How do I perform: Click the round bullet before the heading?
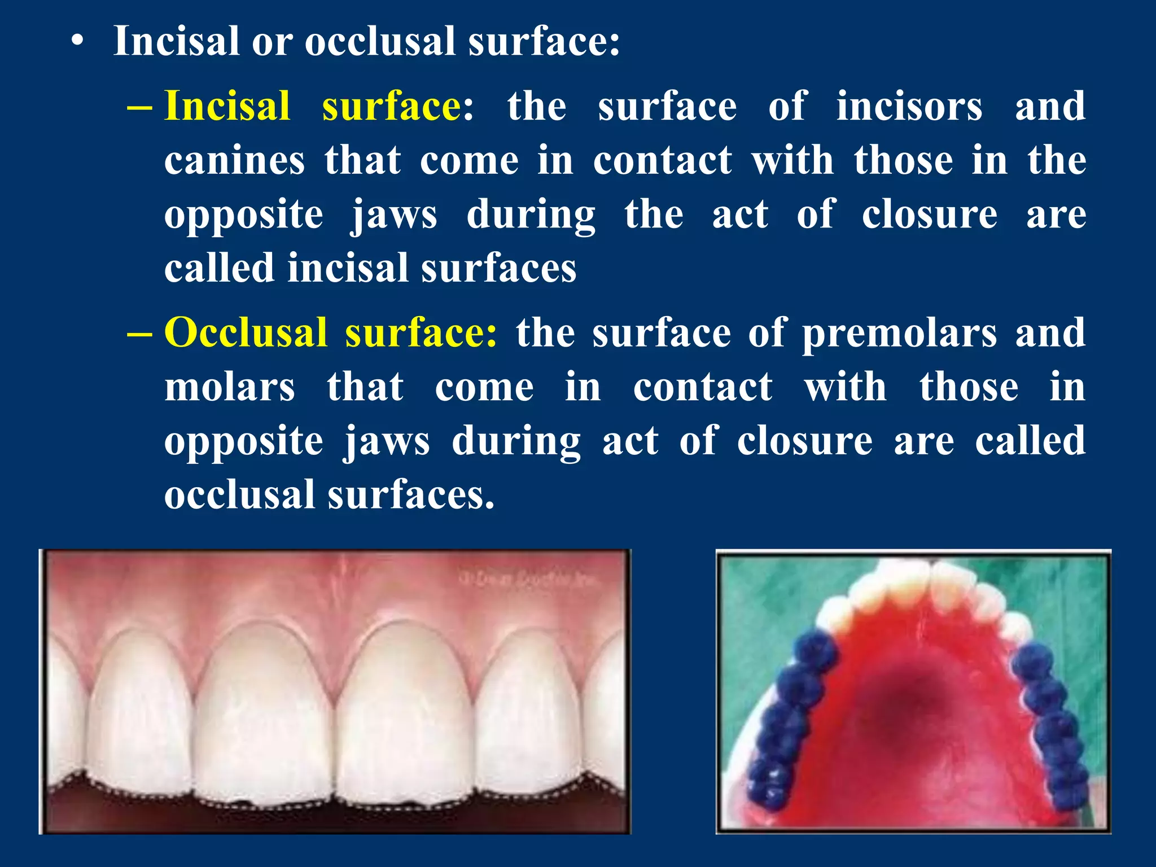click(x=78, y=42)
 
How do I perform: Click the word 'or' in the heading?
click(x=272, y=42)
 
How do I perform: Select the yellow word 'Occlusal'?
click(x=246, y=332)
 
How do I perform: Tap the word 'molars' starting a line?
click(x=230, y=387)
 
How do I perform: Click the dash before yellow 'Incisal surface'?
click(x=139, y=106)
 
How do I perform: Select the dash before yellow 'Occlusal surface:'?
click(x=139, y=333)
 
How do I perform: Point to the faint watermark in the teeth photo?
click(x=528, y=579)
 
